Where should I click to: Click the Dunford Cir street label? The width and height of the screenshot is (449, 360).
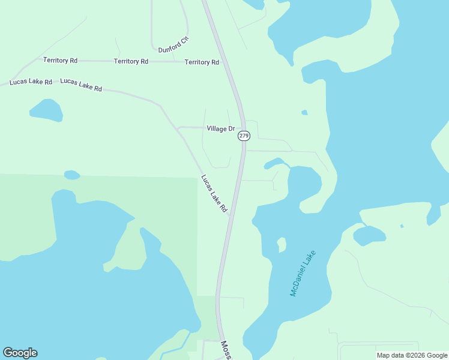174,46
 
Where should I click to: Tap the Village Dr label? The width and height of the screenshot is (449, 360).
220,128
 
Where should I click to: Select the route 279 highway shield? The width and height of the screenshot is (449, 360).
244,136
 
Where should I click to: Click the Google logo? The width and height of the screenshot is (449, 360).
20,353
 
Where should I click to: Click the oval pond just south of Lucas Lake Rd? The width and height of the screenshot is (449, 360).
46,109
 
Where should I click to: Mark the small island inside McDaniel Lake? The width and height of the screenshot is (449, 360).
281,244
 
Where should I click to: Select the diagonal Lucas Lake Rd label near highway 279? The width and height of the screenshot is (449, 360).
214,193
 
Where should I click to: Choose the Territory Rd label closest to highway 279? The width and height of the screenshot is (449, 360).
202,62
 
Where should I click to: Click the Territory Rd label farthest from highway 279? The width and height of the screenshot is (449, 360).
60,60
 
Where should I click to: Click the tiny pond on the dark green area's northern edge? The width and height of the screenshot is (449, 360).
72,175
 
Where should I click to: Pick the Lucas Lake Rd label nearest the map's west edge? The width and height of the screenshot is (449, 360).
30,81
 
